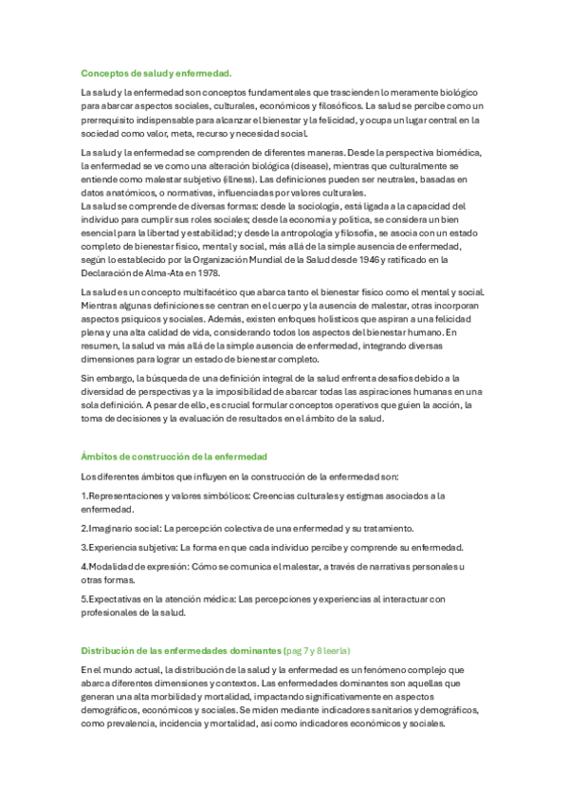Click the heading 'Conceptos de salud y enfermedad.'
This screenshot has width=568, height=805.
pos(156,72)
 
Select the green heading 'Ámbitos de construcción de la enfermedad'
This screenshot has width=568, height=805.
pos(174,457)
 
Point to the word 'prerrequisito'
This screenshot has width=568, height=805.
pos(112,121)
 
